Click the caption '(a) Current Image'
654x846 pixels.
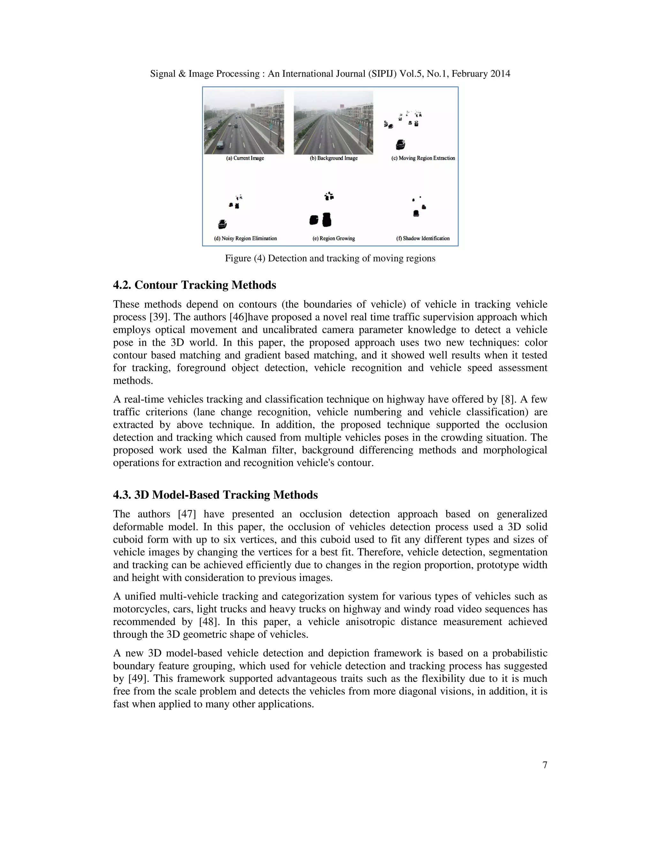coord(245,158)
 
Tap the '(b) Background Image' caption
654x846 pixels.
coord(334,158)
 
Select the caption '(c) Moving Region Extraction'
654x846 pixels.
coord(423,158)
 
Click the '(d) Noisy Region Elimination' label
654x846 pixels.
coord(245,238)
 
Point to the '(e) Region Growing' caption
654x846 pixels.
coord(334,238)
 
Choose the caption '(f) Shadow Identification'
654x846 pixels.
coord(423,238)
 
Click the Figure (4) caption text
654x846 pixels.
coord(330,258)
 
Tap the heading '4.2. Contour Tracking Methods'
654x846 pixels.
coord(194,285)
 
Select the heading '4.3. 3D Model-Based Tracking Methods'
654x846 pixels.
coord(216,495)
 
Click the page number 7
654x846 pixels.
coord(545,765)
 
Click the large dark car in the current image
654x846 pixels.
coord(220,145)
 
